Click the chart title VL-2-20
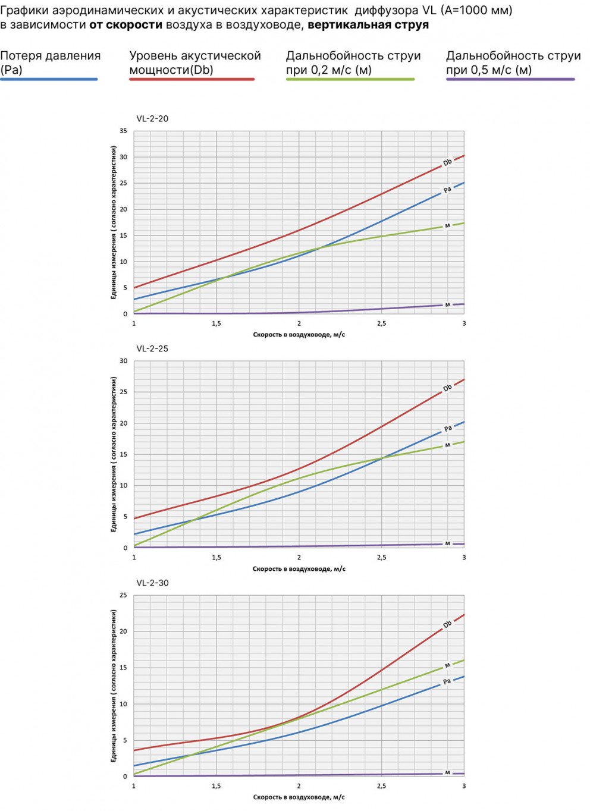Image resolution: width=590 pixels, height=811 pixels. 152,118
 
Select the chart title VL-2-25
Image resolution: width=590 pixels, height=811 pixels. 152,348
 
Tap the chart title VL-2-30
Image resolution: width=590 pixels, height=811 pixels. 152,583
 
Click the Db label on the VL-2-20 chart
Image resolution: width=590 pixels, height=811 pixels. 447,162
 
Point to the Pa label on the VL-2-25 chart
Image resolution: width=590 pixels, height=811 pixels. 448,428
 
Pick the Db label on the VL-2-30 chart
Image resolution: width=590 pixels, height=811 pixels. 447,624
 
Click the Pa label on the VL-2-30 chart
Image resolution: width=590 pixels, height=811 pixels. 447,681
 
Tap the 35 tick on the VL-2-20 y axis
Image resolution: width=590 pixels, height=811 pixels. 123,131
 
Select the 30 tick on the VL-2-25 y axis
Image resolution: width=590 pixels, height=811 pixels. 123,361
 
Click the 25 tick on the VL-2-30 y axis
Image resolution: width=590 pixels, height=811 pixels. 123,595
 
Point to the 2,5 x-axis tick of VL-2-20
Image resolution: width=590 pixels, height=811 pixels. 381,323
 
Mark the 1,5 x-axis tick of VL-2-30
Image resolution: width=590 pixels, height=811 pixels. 216,786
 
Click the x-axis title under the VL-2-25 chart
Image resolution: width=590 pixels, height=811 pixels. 299,569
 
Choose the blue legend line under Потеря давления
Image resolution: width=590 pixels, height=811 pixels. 49,79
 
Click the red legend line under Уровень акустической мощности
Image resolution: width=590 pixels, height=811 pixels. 192,79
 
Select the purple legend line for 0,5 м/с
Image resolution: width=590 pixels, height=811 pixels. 510,79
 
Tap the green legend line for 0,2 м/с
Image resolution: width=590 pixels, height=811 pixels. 350,79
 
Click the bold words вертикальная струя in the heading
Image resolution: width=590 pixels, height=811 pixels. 368,25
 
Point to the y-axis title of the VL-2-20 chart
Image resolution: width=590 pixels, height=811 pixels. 113,222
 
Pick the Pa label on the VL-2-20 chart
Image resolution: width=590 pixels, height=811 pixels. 447,190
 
